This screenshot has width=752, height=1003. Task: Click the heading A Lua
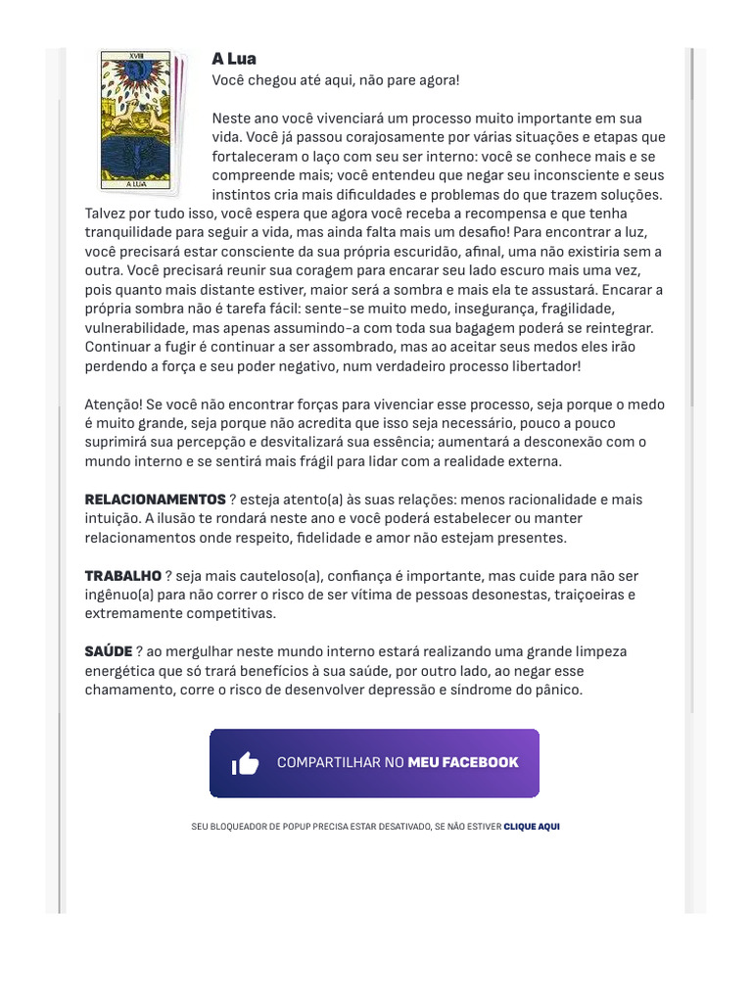pos(234,60)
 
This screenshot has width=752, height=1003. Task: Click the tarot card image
pos(138,119)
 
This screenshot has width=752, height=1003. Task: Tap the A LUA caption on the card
pos(136,183)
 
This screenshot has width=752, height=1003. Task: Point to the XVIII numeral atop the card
pos(136,56)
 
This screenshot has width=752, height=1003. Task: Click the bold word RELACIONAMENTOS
pos(155,500)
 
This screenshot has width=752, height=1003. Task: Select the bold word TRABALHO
pos(122,576)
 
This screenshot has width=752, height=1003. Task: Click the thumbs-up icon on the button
pos(245,764)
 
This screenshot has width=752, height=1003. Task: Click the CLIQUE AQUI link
pos(532,827)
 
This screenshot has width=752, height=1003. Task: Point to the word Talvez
pos(107,214)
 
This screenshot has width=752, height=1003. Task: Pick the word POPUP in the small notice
pos(287,827)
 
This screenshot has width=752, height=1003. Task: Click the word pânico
pos(557,691)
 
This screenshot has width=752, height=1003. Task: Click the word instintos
pos(241,194)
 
